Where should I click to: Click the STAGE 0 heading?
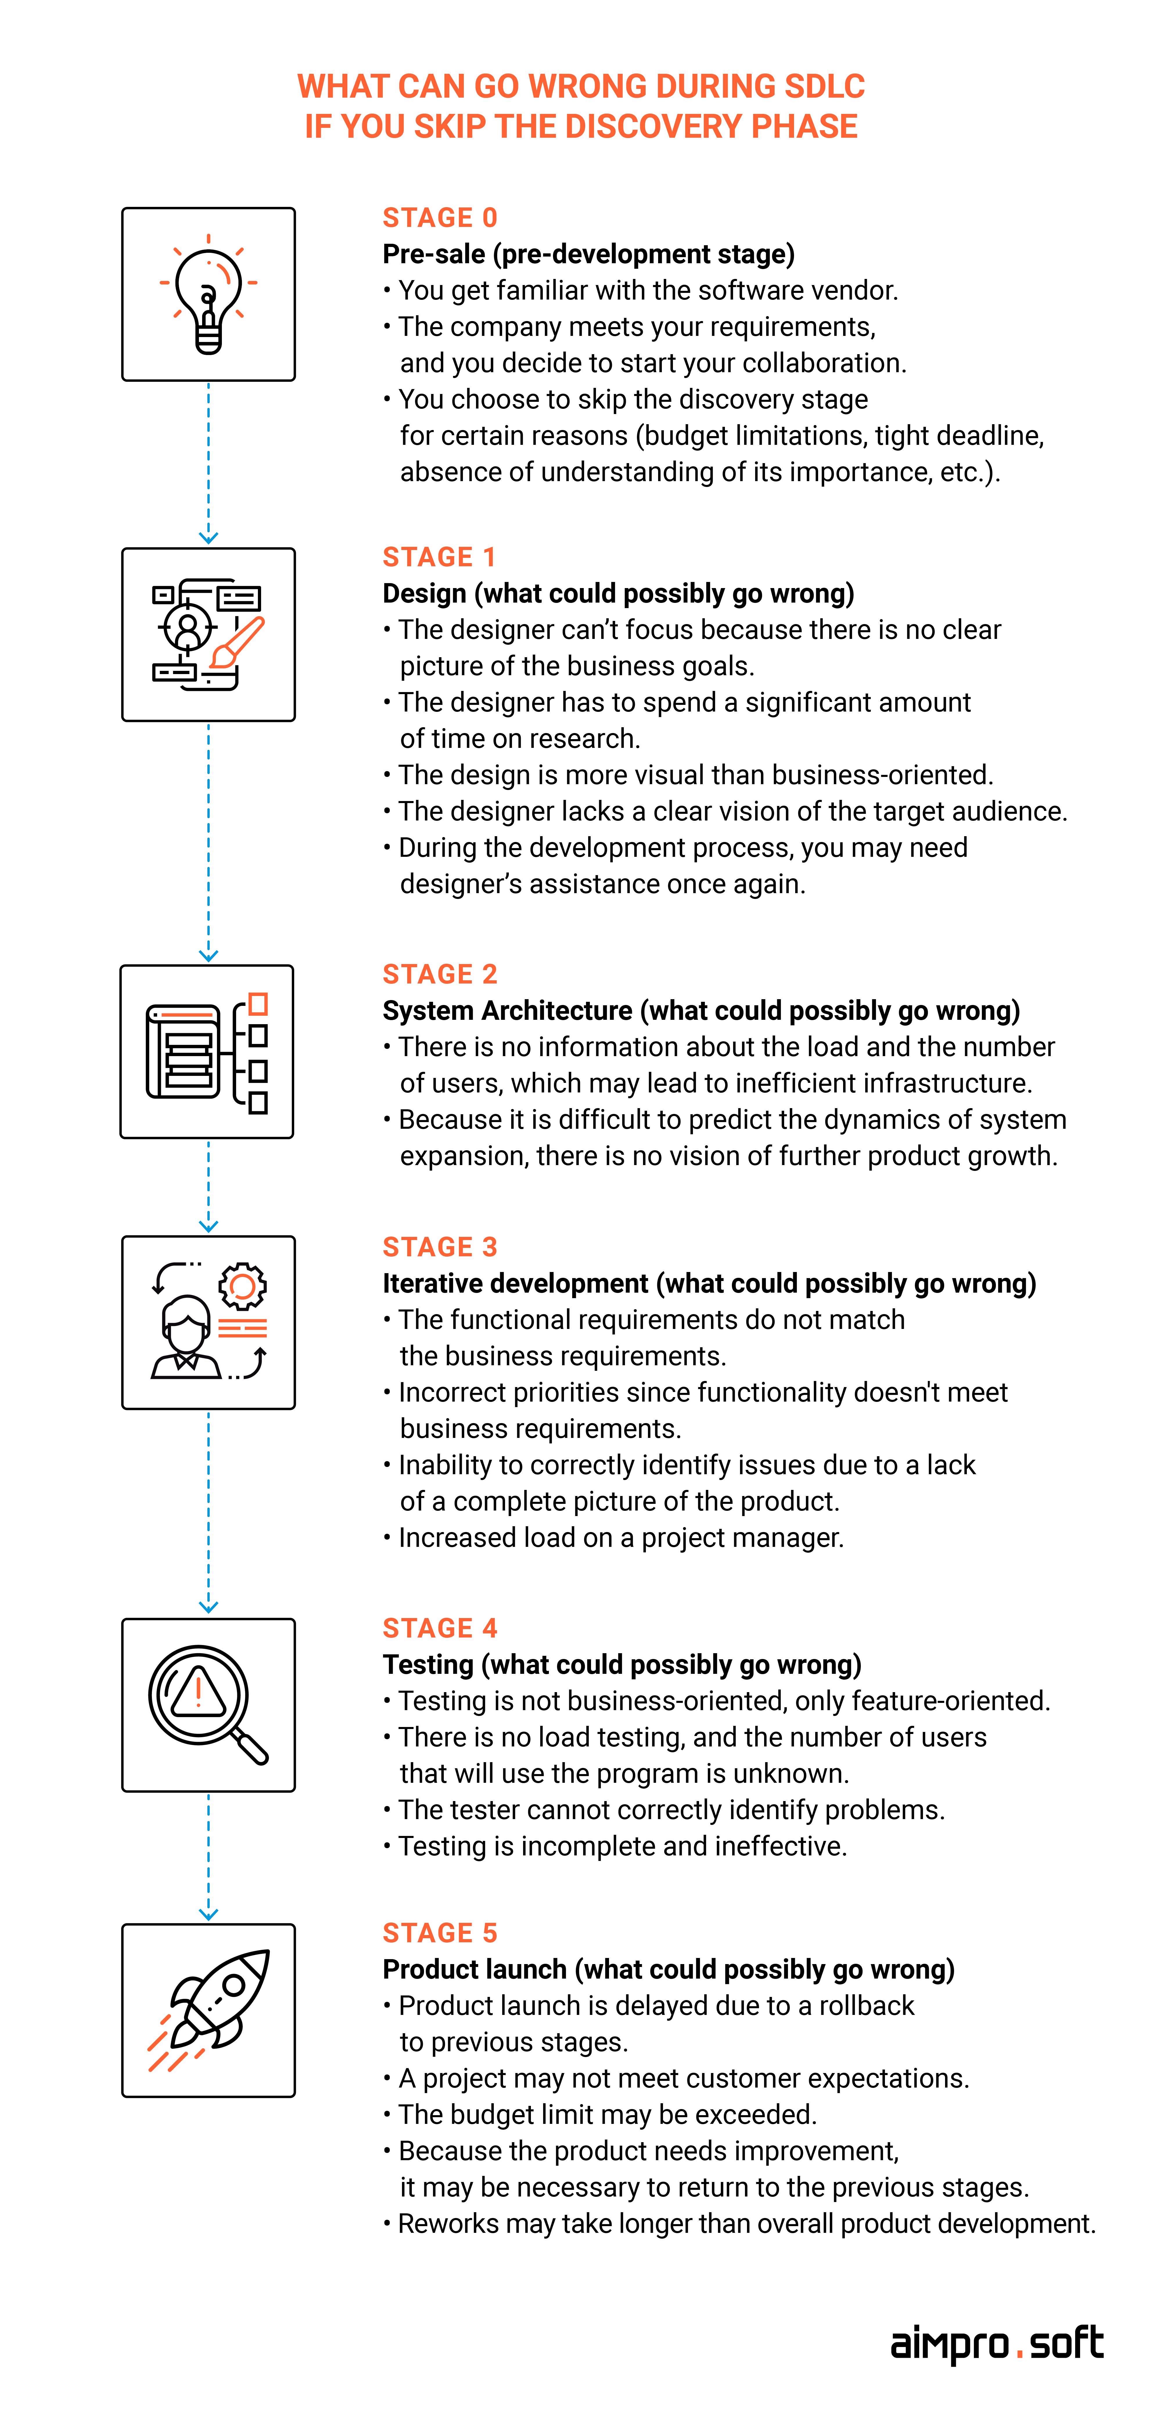tap(439, 217)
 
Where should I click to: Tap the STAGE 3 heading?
tap(439, 1247)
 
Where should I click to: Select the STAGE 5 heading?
tap(439, 1933)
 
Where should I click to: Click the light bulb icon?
tap(209, 295)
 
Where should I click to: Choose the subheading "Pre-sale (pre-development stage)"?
tap(588, 254)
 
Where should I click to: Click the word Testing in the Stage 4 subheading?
tap(428, 1665)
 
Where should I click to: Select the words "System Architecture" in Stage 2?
tap(507, 1011)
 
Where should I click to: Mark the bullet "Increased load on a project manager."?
tap(613, 1538)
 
